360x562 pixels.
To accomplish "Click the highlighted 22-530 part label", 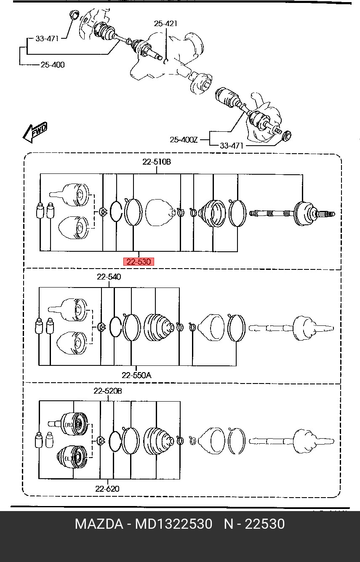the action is click(x=138, y=262).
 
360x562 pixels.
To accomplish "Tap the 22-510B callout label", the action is click(x=157, y=162).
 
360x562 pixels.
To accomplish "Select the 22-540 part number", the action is click(x=109, y=277).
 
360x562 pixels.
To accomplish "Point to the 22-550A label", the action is click(x=136, y=375).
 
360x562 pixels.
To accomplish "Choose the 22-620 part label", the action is click(x=107, y=488).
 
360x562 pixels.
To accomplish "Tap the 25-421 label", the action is click(x=165, y=24).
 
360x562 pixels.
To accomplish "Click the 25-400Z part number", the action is click(x=184, y=139).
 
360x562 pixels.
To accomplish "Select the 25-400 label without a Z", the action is click(x=53, y=65).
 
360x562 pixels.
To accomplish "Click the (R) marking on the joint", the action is click(x=69, y=425).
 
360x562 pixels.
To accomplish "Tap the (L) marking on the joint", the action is click(x=69, y=458).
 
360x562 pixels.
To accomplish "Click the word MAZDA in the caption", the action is click(x=99, y=524).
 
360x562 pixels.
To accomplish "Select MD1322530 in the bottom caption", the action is click(x=173, y=524).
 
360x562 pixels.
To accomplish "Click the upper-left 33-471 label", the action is click(x=47, y=39).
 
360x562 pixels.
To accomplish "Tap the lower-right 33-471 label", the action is click(x=232, y=146).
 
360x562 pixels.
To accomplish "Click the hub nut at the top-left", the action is click(x=74, y=15).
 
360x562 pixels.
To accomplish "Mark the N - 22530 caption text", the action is click(x=254, y=524).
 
